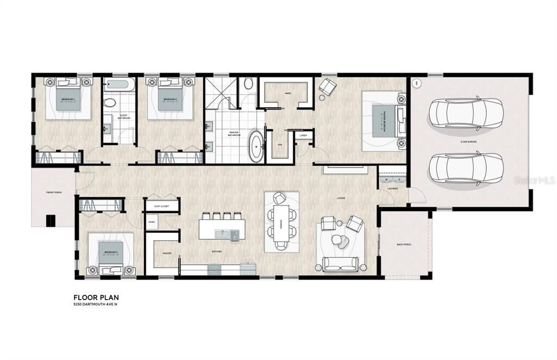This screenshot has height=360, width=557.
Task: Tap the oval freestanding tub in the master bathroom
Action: tap(255, 146)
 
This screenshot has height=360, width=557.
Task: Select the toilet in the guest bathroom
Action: tap(109, 102)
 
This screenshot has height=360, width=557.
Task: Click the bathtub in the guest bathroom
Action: tap(119, 85)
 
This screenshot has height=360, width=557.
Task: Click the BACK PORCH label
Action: tap(404, 245)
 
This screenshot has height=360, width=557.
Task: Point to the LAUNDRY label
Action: tap(393, 189)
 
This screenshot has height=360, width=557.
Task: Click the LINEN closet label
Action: tap(303, 135)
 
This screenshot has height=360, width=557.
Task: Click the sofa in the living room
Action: tap(340, 264)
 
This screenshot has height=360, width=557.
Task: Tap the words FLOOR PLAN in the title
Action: tap(96, 297)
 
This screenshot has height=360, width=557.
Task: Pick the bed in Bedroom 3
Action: tap(111, 255)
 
